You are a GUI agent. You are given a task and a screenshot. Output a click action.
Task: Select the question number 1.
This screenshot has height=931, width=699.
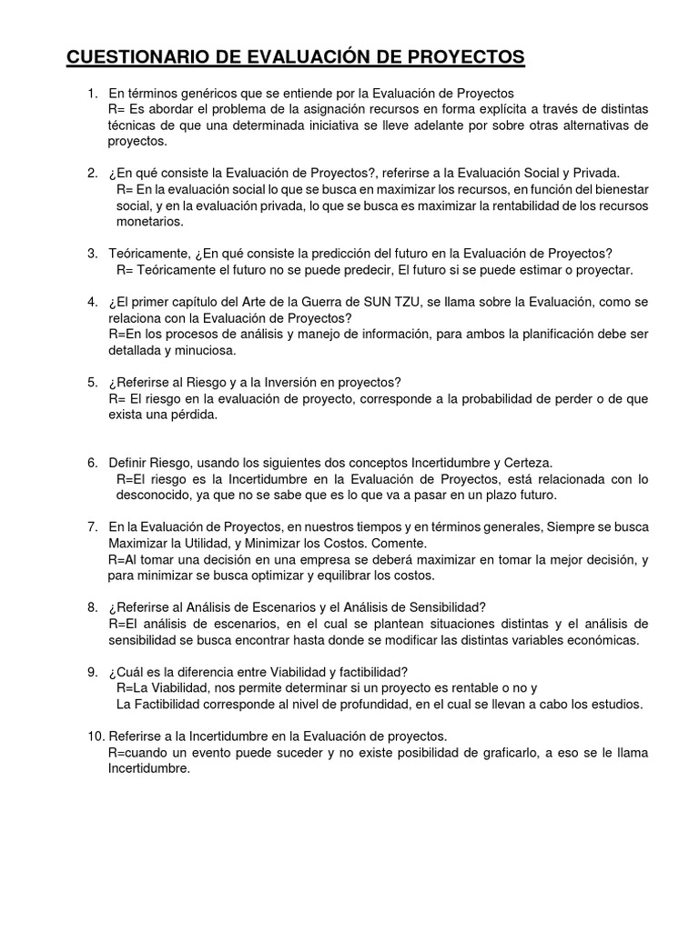[91, 94]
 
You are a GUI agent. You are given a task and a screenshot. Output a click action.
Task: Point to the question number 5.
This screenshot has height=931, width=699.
[91, 382]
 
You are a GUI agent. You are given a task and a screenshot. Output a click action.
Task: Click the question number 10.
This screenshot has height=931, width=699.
[95, 735]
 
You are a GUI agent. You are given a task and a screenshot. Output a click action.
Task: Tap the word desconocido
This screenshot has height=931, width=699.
[152, 496]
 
